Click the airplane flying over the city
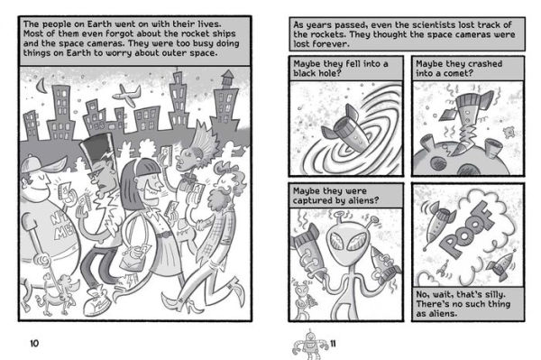pyautogui.click(x=126, y=95)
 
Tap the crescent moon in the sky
pyautogui.click(x=42, y=86)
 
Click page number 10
pyautogui.click(x=34, y=344)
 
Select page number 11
pyautogui.click(x=333, y=344)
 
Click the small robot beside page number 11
pyautogui.click(x=310, y=344)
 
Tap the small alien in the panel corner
pyautogui.click(x=304, y=300)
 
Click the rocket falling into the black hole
pyautogui.click(x=347, y=131)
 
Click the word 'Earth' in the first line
pyautogui.click(x=99, y=24)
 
